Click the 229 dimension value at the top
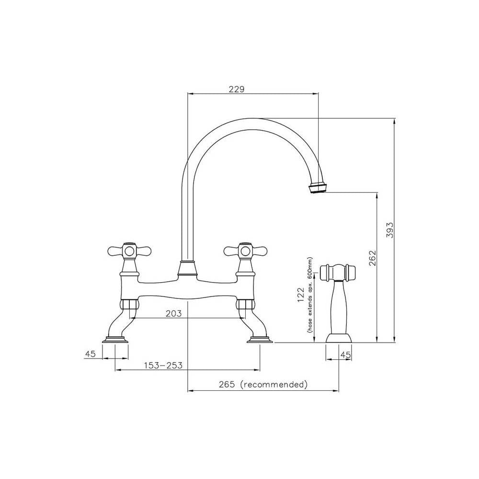pyautogui.click(x=237, y=89)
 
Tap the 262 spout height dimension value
pyautogui.click(x=373, y=259)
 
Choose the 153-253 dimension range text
pyautogui.click(x=163, y=365)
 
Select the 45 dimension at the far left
pyautogui.click(x=91, y=354)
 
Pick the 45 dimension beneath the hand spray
pyautogui.click(x=345, y=354)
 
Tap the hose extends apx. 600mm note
pyautogui.click(x=310, y=297)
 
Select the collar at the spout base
pyautogui.click(x=188, y=269)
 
